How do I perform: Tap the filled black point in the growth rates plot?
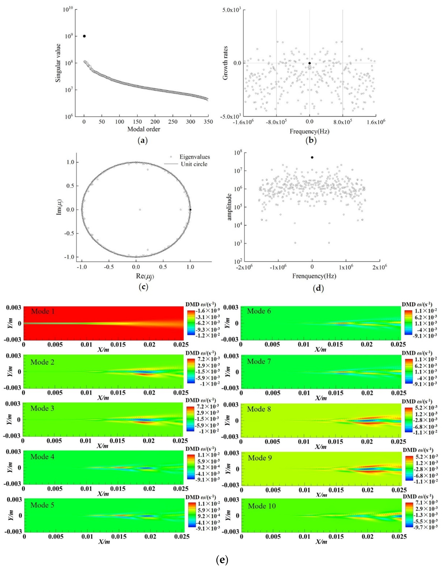pyautogui.click(x=310, y=63)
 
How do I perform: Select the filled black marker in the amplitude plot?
pyautogui.click(x=312, y=157)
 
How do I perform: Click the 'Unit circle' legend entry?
pyautogui.click(x=194, y=164)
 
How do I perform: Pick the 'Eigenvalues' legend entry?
pyautogui.click(x=195, y=157)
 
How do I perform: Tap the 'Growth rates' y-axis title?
pyautogui.click(x=225, y=63)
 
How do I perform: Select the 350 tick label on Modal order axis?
pyautogui.click(x=208, y=122)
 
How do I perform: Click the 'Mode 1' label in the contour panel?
pyautogui.click(x=43, y=311)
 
